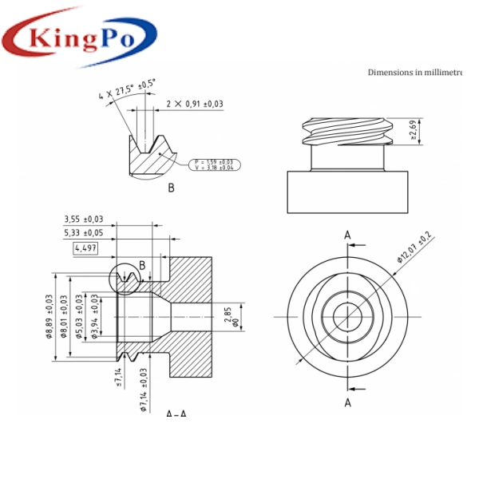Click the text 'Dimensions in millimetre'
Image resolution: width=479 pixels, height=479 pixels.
tap(415, 72)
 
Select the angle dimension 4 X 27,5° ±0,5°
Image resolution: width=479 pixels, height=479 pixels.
tap(128, 89)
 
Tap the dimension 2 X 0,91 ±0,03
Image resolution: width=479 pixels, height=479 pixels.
tap(194, 104)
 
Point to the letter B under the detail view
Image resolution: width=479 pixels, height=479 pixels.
tap(171, 189)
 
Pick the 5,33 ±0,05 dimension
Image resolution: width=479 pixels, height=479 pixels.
tap(84, 233)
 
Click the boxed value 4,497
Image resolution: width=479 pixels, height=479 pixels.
tap(85, 248)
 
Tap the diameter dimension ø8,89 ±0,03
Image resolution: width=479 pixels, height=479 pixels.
tap(49, 316)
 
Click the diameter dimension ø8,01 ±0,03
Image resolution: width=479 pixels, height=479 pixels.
tap(64, 316)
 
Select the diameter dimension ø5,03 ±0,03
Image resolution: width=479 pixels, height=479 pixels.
tap(79, 316)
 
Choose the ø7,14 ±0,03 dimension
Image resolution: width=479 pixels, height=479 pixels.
tap(143, 390)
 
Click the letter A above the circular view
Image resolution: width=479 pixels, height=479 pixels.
tap(347, 234)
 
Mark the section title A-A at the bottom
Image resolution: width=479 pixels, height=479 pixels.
tap(176, 413)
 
